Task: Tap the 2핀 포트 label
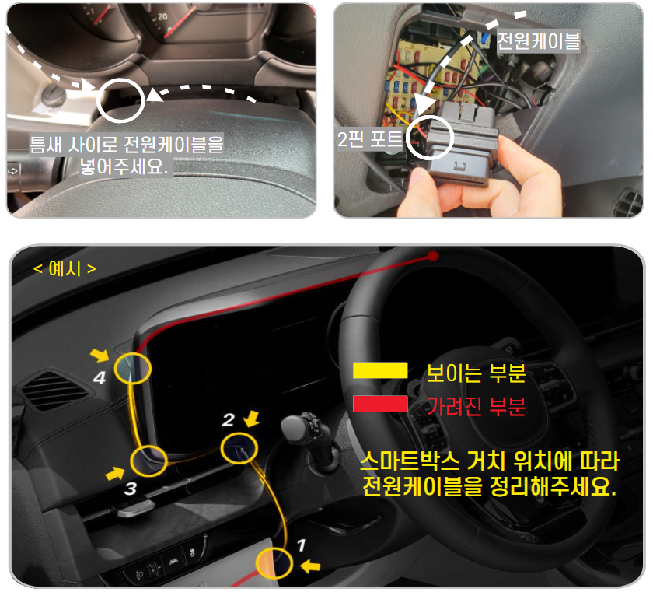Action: [369, 139]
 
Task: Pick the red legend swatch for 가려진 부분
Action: [380, 405]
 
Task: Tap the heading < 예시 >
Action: [65, 269]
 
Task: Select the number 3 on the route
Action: [131, 489]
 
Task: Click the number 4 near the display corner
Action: [99, 378]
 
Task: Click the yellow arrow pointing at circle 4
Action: [100, 356]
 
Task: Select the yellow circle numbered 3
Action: [148, 461]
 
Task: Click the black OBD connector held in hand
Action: [463, 148]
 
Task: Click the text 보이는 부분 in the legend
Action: [477, 373]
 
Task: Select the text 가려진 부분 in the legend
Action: [477, 406]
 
